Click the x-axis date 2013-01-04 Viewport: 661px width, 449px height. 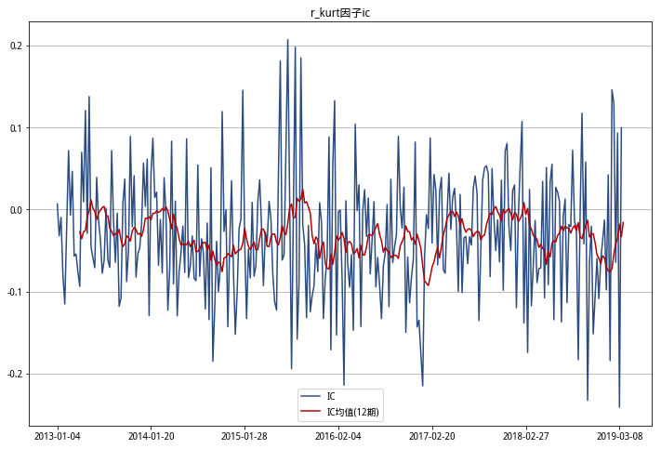tap(58, 434)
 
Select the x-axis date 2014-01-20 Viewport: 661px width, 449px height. tap(152, 434)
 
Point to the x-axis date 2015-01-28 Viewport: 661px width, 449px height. tap(245, 434)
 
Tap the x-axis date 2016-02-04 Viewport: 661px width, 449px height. tap(339, 434)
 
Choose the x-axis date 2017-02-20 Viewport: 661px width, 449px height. tap(433, 434)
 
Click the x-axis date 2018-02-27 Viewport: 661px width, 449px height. tap(527, 434)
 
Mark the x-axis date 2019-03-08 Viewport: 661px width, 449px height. tap(620, 434)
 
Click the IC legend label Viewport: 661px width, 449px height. tap(331, 396)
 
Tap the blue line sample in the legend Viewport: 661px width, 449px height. tap(311, 396)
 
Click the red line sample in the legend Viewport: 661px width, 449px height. tap(311, 410)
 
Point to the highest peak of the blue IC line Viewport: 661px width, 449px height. tap(287, 40)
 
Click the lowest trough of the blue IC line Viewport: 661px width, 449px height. tap(619, 407)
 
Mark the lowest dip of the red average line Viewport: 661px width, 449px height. tap(429, 286)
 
